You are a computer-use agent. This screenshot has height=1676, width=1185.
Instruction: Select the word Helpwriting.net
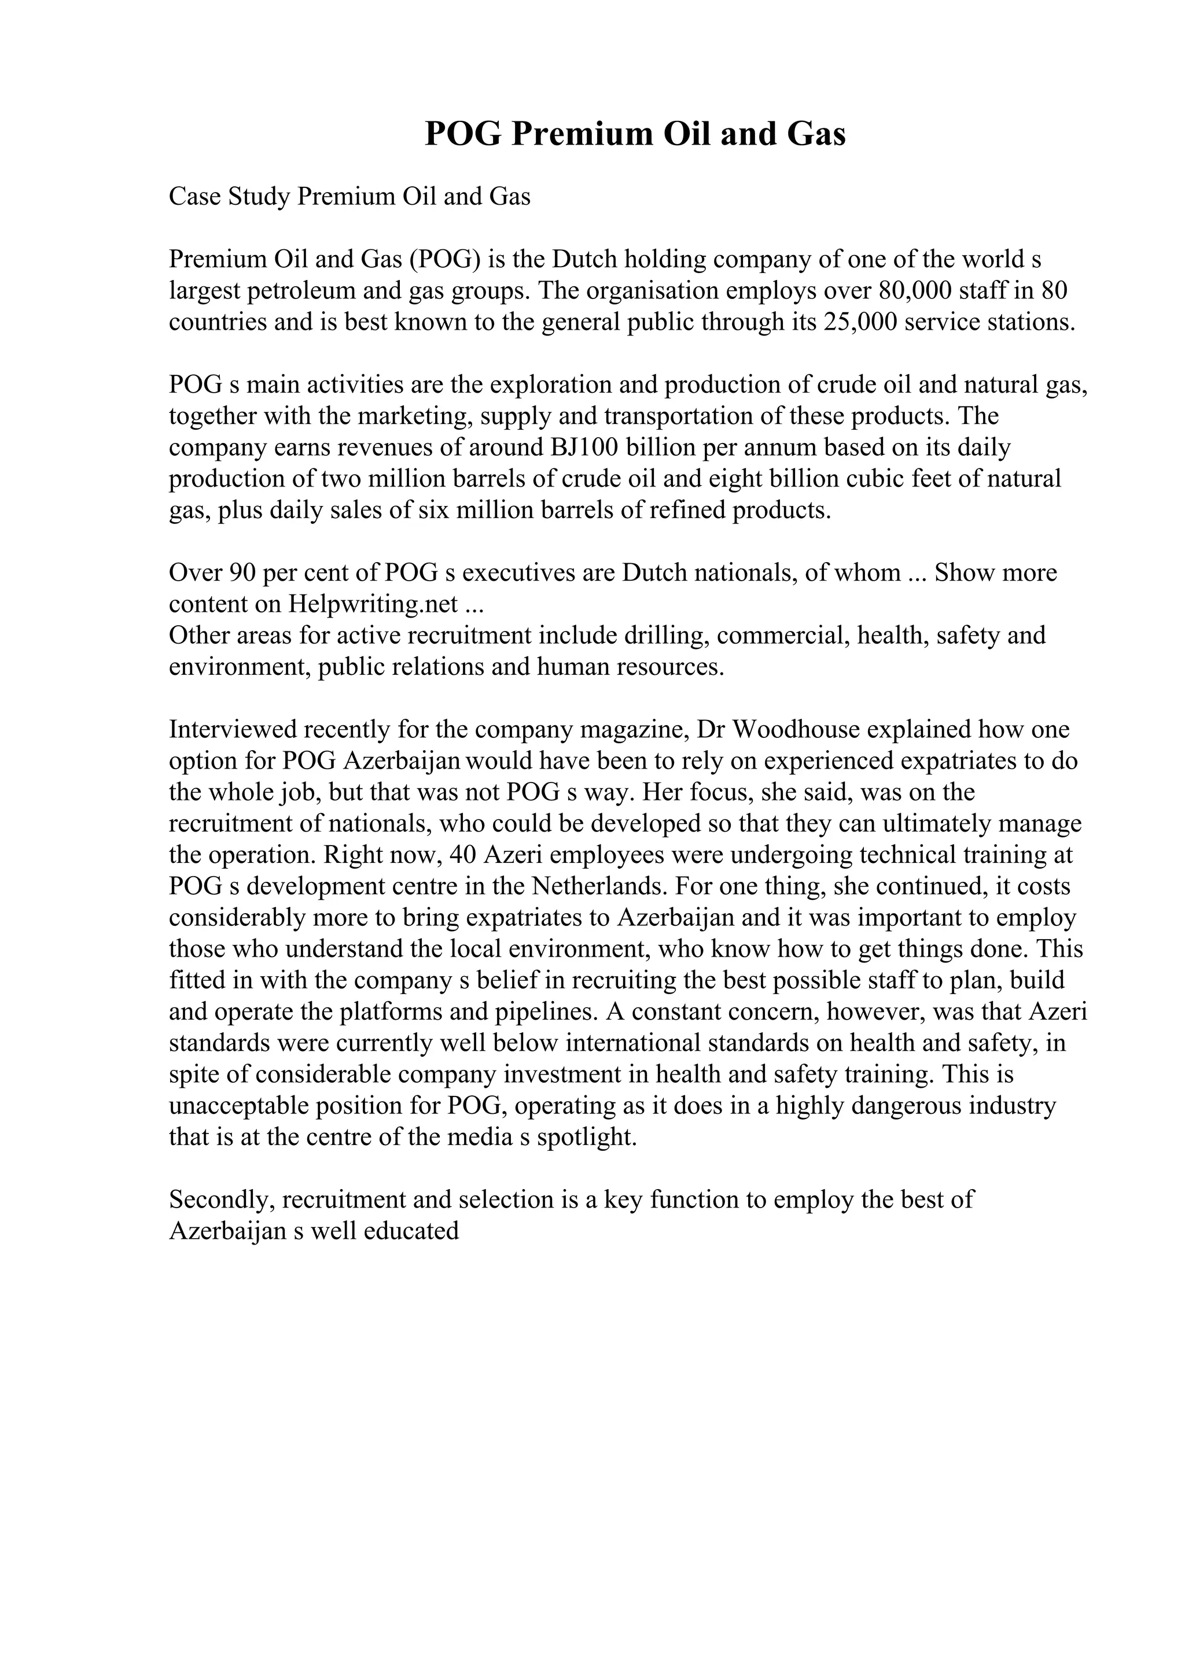[373, 604]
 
